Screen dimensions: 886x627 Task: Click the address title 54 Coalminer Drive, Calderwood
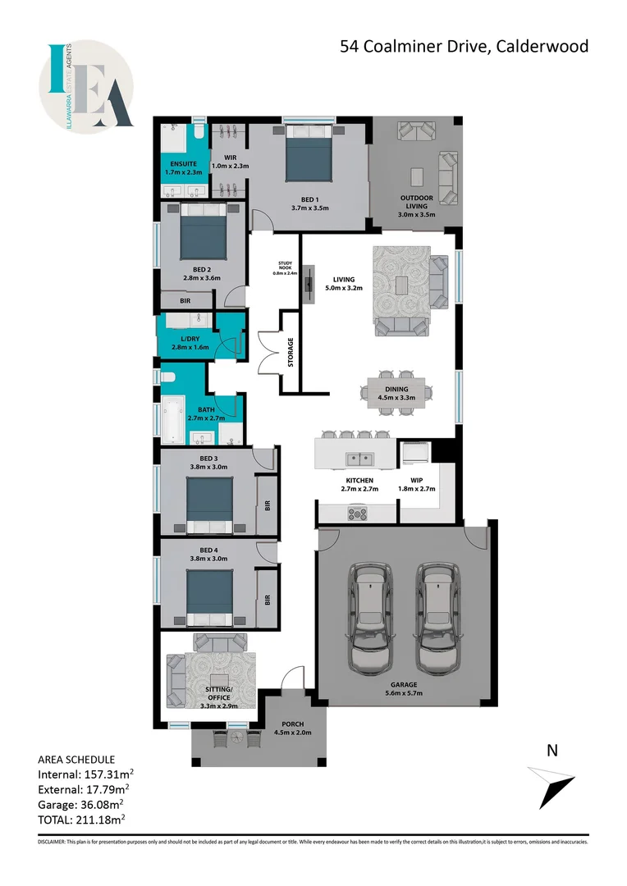point(465,47)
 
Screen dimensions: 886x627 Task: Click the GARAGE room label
point(404,684)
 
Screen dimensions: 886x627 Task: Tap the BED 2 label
point(202,269)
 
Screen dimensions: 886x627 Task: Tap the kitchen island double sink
point(359,458)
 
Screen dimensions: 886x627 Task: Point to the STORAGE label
point(291,352)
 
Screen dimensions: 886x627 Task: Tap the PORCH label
point(292,728)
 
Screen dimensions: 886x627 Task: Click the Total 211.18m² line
point(81,819)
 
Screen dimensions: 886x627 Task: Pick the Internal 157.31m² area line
point(86,774)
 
